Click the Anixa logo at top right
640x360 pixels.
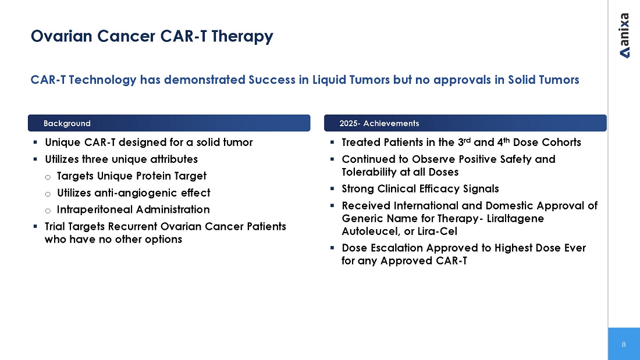click(624, 35)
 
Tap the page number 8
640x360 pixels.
click(624, 344)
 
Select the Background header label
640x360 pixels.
click(67, 123)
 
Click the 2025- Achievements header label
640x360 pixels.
click(379, 123)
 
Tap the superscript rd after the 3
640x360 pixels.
click(467, 140)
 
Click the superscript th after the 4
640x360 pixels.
click(507, 140)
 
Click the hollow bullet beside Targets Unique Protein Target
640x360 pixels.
click(48, 177)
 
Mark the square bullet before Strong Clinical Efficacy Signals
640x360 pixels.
click(332, 188)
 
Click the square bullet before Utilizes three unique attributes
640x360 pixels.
click(35, 159)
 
